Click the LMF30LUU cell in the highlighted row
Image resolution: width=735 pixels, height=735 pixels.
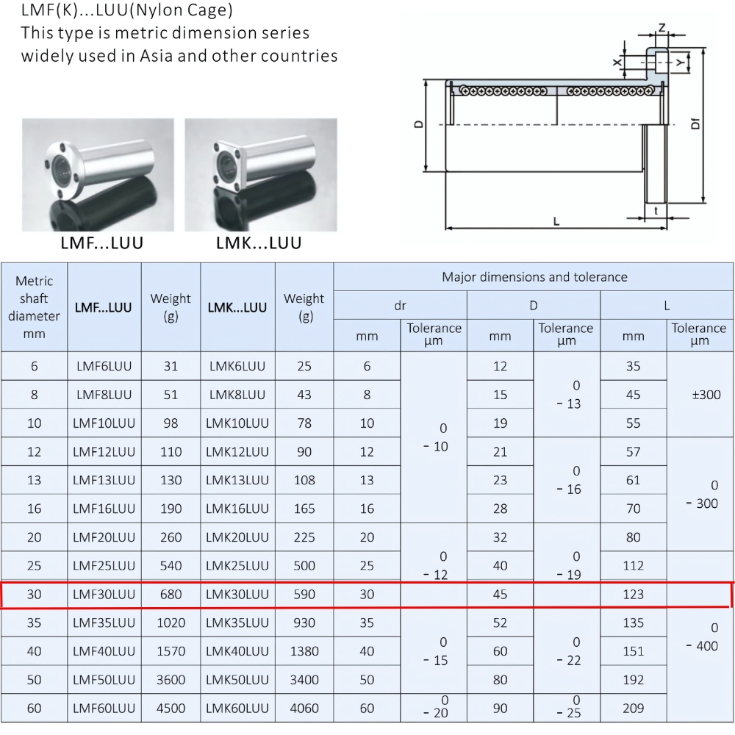(x=104, y=595)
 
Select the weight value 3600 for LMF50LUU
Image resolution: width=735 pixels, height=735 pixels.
(x=171, y=680)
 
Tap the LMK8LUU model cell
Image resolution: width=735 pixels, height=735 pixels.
(x=238, y=395)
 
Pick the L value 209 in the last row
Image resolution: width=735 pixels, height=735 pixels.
(x=633, y=709)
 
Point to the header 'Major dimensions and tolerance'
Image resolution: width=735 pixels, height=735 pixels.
(x=534, y=277)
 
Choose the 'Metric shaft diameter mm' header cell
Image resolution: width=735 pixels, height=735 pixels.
(x=35, y=307)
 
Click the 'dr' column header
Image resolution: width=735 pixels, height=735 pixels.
(x=401, y=305)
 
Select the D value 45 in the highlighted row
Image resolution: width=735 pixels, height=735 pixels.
(x=501, y=595)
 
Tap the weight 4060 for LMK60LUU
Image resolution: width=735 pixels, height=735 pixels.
(x=304, y=709)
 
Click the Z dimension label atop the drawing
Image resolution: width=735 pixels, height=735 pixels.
(x=661, y=28)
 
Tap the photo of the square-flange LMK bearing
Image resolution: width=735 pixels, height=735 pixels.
(x=260, y=175)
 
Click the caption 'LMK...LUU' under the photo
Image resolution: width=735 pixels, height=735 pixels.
(x=259, y=243)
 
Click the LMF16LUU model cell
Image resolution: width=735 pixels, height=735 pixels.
(x=104, y=509)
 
